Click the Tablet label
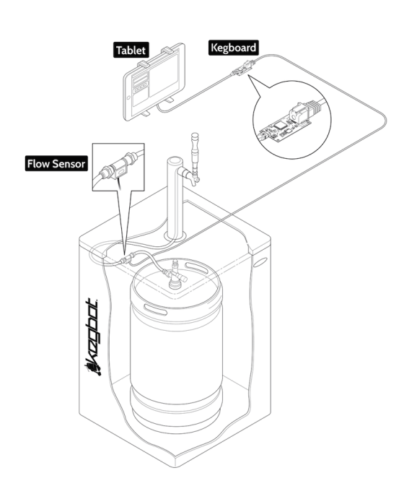pyautogui.click(x=131, y=50)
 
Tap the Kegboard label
pyautogui.click(x=234, y=48)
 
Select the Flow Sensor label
pyautogui.click(x=56, y=164)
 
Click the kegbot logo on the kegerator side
pyautogui.click(x=93, y=337)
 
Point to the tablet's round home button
pyautogui.click(x=129, y=97)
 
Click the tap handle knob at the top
pyautogui.click(x=195, y=136)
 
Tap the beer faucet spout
pyautogui.click(x=194, y=182)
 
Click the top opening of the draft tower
pyautogui.click(x=175, y=162)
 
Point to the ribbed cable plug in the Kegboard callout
pyautogui.click(x=314, y=108)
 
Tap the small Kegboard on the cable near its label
pyautogui.click(x=243, y=69)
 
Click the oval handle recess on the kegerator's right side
pyautogui.click(x=260, y=262)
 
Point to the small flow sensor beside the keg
pyautogui.click(x=128, y=259)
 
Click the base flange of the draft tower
pyautogui.click(x=175, y=236)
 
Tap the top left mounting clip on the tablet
pyautogui.click(x=144, y=64)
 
